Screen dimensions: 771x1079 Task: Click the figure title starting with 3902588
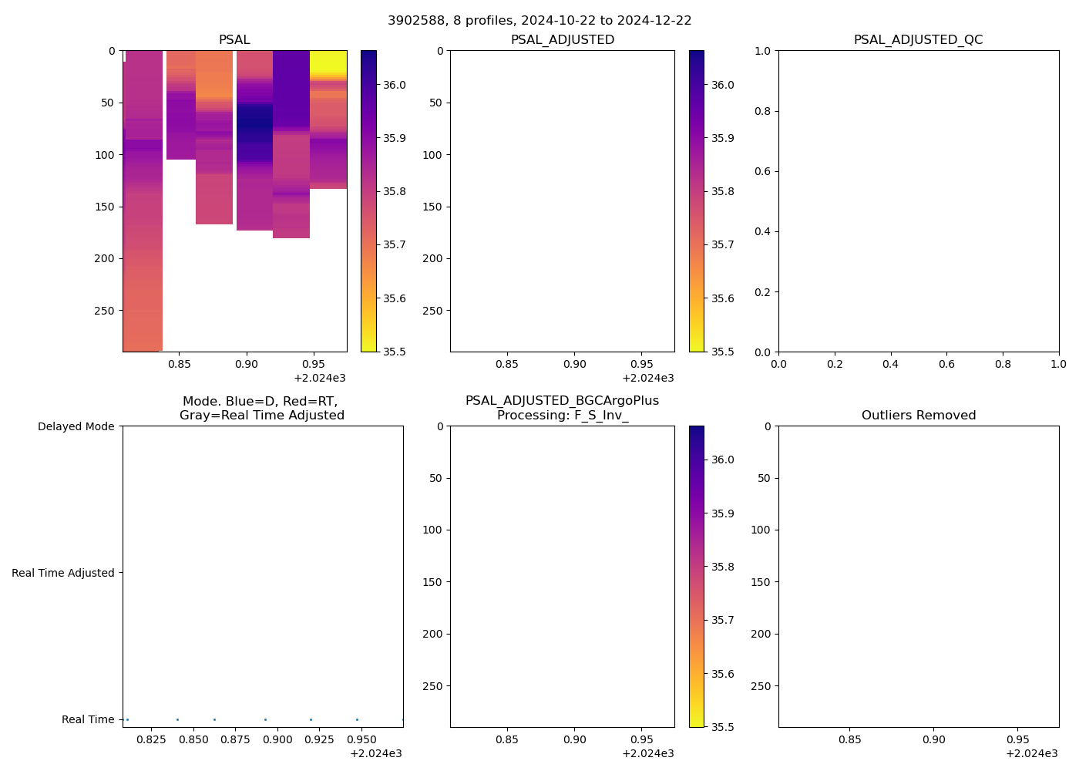[x=539, y=21]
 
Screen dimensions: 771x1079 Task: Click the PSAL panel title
[x=234, y=40]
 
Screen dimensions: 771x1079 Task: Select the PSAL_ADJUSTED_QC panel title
[x=918, y=40]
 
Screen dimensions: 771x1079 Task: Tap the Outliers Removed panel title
[x=918, y=416]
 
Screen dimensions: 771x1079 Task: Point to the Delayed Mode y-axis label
[x=76, y=426]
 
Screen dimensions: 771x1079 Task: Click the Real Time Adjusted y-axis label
[x=63, y=573]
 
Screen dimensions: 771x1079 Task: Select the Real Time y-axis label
[x=88, y=719]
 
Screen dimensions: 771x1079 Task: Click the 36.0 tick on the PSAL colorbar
[x=396, y=85]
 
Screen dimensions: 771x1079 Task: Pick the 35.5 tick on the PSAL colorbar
[x=396, y=352]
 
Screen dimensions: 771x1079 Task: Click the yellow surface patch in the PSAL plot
[x=328, y=62]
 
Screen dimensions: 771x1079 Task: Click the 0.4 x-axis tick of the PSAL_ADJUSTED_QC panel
[x=891, y=364]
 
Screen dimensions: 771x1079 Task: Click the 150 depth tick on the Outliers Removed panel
[x=760, y=582]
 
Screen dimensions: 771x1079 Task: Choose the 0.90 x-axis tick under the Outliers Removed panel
[x=933, y=739]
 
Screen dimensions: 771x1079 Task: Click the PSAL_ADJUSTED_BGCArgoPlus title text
[x=562, y=401]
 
